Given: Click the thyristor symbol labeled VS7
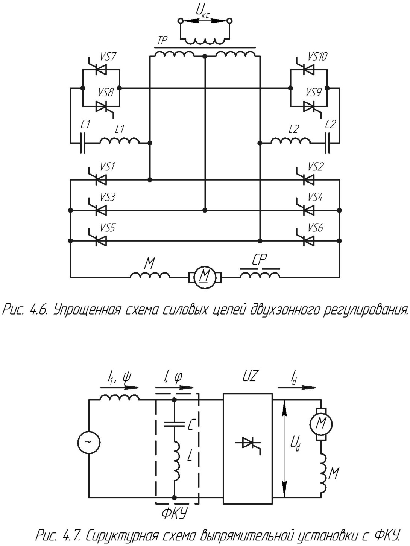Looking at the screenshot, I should (100, 70).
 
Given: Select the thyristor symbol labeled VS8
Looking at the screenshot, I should (100, 106).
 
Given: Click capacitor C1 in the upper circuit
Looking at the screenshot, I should (83, 143).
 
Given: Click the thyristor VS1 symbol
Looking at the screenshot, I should (100, 180).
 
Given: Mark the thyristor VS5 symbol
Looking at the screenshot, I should (100, 240).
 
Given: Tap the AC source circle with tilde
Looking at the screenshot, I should (89, 442).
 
